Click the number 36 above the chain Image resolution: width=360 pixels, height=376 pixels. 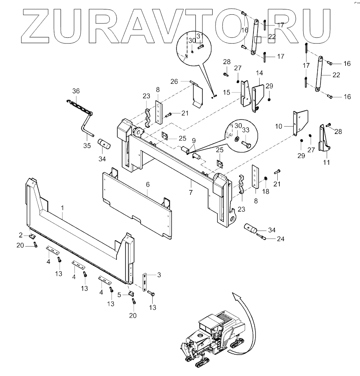click(x=76, y=91)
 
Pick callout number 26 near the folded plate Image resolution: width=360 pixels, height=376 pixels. click(x=174, y=81)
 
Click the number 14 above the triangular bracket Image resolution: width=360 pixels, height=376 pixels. click(x=259, y=73)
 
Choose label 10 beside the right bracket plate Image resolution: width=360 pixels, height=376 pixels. click(x=279, y=127)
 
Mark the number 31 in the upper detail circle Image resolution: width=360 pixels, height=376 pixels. click(x=200, y=37)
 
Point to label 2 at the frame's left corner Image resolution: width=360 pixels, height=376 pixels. click(x=20, y=235)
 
